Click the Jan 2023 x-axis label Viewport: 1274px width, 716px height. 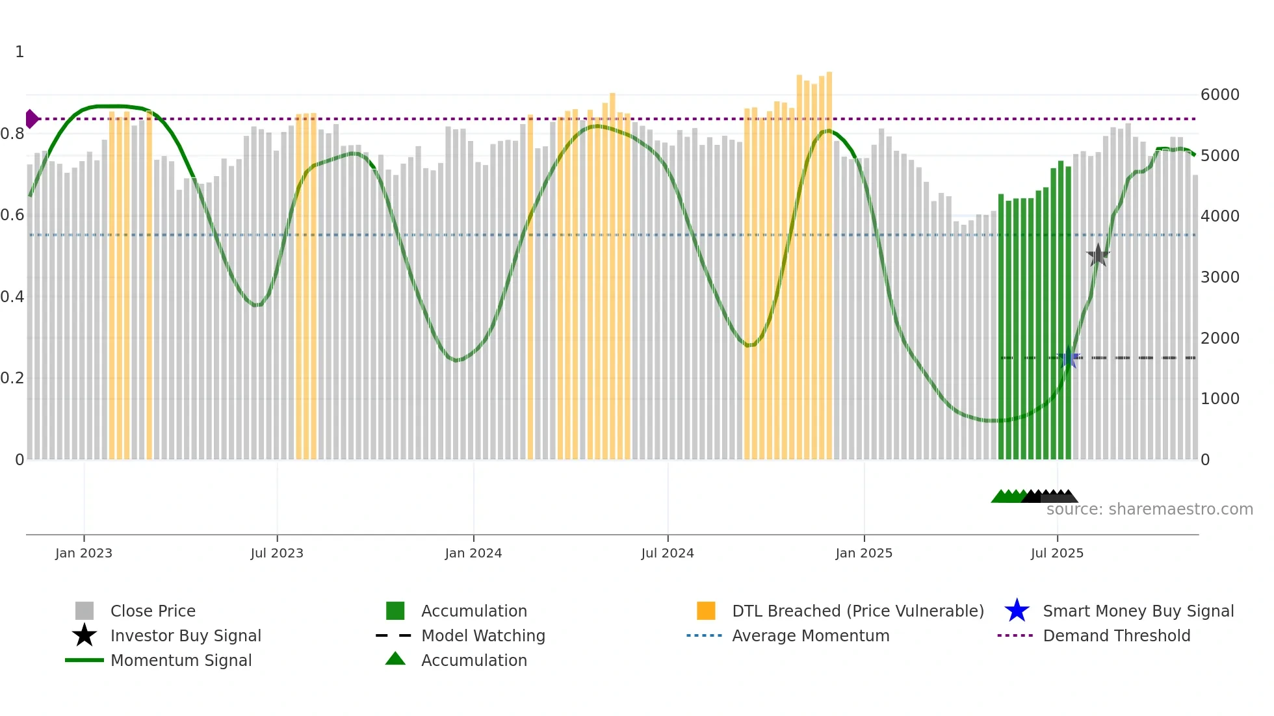tap(84, 553)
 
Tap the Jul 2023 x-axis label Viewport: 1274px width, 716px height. tap(277, 553)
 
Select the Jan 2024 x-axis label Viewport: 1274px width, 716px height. tap(473, 553)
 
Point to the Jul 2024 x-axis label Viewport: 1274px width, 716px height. tap(668, 553)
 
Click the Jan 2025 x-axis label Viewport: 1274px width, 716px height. tap(864, 553)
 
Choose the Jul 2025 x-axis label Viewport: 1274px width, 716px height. tap(1057, 553)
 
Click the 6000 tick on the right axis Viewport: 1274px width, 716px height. tap(1220, 95)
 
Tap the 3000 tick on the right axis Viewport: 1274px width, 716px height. tap(1220, 277)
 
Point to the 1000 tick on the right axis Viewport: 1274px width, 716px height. tap(1220, 399)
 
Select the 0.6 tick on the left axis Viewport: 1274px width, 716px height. tap(12, 215)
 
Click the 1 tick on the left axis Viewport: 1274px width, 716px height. tap(19, 52)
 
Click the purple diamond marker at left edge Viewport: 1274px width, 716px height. tap(31, 119)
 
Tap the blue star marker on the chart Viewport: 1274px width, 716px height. tap(1069, 357)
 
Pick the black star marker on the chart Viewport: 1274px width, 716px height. tap(1098, 255)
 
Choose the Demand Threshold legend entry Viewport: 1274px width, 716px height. tap(1116, 635)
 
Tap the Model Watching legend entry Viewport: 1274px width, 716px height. tap(483, 635)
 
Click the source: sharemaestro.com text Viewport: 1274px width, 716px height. tap(1149, 509)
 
